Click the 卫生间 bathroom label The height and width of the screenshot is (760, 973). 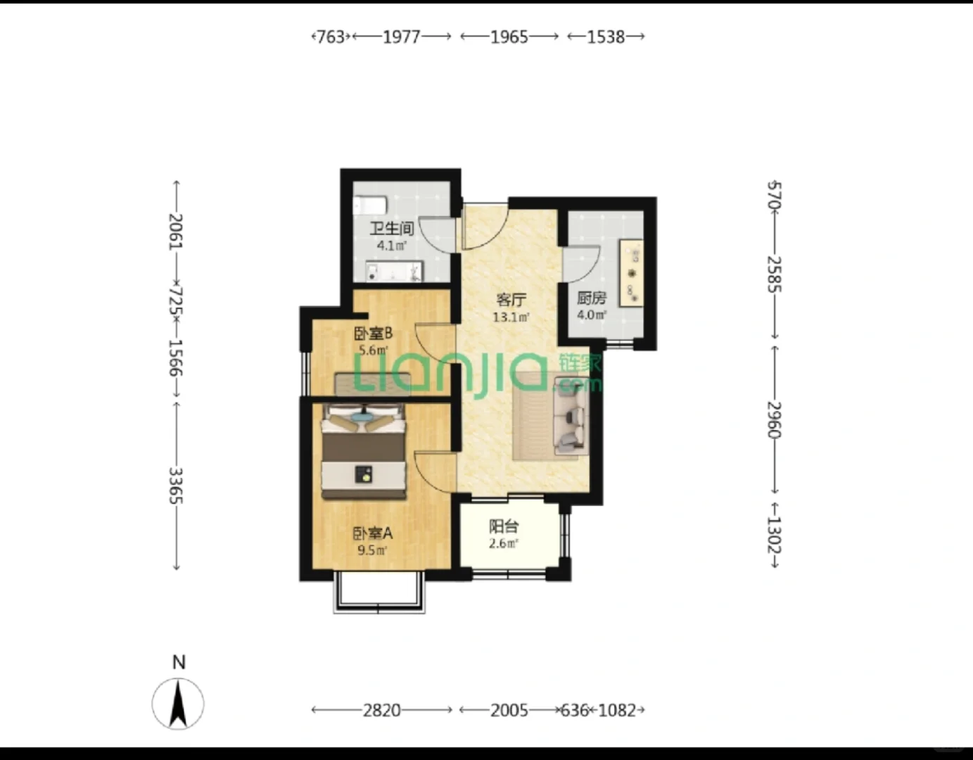pyautogui.click(x=391, y=229)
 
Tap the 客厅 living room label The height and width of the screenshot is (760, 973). pyautogui.click(x=511, y=299)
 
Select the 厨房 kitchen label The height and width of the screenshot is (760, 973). pyautogui.click(x=592, y=298)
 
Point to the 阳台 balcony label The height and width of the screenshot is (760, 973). pyautogui.click(x=504, y=526)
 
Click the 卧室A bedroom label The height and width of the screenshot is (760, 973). pyautogui.click(x=373, y=533)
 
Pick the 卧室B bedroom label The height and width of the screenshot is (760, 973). pyautogui.click(x=373, y=333)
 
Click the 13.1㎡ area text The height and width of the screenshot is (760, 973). pyautogui.click(x=511, y=317)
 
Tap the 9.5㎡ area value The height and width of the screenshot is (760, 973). pyautogui.click(x=372, y=550)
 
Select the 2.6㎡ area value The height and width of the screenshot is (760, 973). pyautogui.click(x=504, y=543)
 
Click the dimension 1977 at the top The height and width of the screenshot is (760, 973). pyautogui.click(x=402, y=37)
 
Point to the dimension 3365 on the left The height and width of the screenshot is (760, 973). pyautogui.click(x=175, y=486)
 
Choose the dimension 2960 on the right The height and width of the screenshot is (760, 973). pyautogui.click(x=774, y=420)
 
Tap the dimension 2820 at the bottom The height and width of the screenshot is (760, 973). pyautogui.click(x=381, y=710)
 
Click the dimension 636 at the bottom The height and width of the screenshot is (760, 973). pyautogui.click(x=575, y=710)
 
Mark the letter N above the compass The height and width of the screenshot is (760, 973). pyautogui.click(x=179, y=662)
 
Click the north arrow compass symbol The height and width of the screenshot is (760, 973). pyautogui.click(x=178, y=704)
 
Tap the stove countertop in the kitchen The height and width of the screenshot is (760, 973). pyautogui.click(x=631, y=273)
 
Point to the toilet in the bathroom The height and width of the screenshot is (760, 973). pyautogui.click(x=370, y=205)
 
